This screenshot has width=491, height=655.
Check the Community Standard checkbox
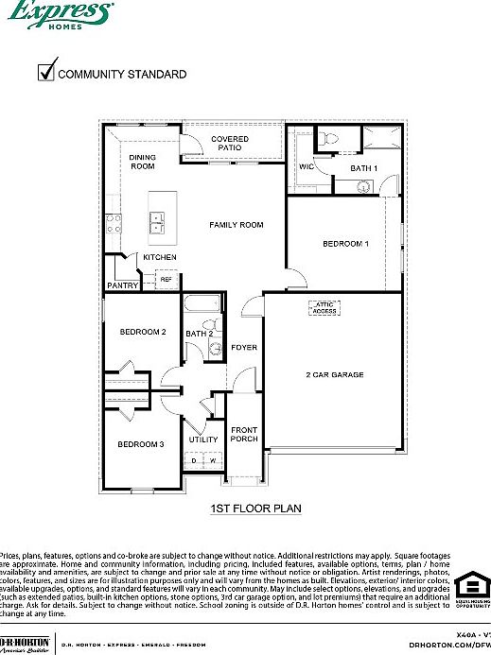pos(44,72)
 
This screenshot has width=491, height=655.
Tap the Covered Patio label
pos(230,145)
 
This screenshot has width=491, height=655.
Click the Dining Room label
pos(143,162)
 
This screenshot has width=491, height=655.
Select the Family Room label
pos(236,225)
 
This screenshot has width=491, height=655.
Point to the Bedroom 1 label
pos(345,244)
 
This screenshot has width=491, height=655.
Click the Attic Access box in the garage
pos(324,307)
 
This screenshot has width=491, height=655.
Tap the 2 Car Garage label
pos(334,375)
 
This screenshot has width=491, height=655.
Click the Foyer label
pos(244,348)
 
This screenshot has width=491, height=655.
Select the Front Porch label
pos(244,434)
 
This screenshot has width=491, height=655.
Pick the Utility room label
pos(202,440)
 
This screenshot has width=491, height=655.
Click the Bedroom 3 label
pos(141,444)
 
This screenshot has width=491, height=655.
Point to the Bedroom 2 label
pos(143,332)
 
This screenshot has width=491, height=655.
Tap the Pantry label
pos(123,285)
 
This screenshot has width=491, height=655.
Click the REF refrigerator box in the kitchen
pos(166,279)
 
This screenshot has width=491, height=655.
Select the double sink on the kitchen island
pos(157,223)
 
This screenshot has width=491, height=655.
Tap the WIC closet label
pos(307,166)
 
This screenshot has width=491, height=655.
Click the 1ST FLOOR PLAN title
pos(254,508)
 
